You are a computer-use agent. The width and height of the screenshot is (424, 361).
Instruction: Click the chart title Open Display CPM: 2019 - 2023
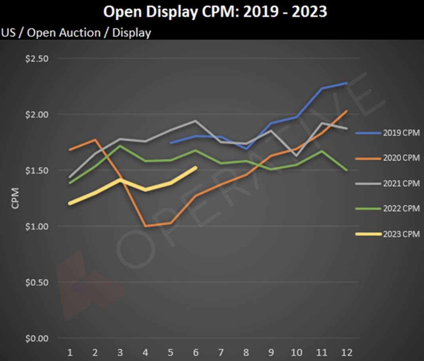(215, 12)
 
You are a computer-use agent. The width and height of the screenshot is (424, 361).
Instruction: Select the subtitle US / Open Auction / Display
(76, 32)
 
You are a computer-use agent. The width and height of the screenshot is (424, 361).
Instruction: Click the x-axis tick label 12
(346, 352)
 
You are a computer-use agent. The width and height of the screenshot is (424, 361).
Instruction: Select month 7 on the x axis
(221, 352)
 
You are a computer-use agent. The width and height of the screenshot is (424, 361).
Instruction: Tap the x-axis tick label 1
(70, 352)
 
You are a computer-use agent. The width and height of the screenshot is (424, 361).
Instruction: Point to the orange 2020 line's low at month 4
(146, 226)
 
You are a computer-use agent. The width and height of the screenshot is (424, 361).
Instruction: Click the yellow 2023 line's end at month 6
(196, 167)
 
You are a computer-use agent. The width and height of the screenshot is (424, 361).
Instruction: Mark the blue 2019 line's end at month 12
(347, 83)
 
